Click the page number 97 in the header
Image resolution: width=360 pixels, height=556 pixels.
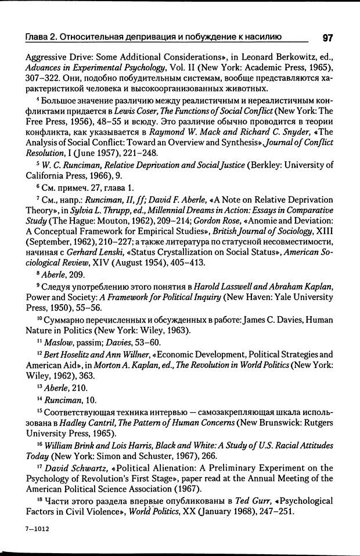(x=326, y=38)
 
